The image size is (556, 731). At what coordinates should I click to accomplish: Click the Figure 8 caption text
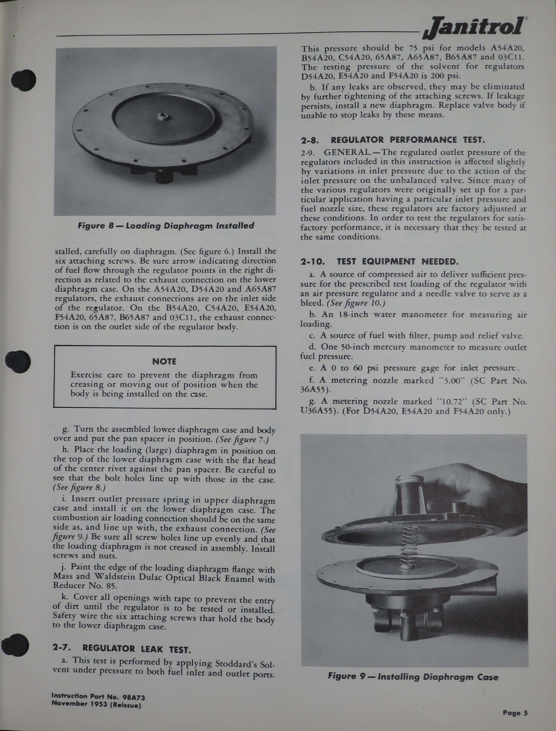[166, 226]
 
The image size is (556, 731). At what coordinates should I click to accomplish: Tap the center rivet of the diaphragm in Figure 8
[163, 117]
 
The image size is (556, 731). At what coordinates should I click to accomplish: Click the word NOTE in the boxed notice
[164, 361]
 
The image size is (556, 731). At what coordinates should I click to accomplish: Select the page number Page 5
[515, 713]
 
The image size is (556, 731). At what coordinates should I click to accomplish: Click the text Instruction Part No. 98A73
[98, 696]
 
